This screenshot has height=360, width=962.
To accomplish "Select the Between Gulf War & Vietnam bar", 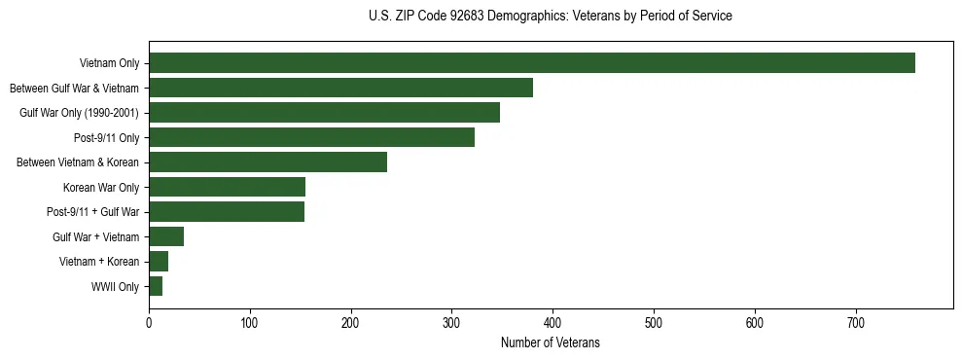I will click(x=340, y=88).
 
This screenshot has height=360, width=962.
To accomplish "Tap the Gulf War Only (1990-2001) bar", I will click(x=324, y=113).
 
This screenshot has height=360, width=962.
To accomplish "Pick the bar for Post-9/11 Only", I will click(x=311, y=137).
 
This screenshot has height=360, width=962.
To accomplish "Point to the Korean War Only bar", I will click(x=227, y=187).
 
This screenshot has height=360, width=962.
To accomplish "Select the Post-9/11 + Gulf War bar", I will click(x=227, y=212).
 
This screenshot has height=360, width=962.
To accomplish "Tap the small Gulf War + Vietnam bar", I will click(x=166, y=236).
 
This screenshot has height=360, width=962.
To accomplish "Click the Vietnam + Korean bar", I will click(x=159, y=262).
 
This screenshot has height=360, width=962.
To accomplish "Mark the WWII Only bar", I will click(x=156, y=286).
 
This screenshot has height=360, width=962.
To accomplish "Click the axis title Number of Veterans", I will click(x=550, y=343).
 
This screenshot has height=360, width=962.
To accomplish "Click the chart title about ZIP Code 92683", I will click(x=551, y=17).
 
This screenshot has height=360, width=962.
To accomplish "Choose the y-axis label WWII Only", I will click(x=115, y=287).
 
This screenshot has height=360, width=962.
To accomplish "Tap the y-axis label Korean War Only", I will click(x=101, y=188).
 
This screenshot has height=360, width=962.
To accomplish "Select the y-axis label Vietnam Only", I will click(x=109, y=63).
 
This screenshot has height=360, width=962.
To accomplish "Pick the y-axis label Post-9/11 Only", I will click(x=106, y=138).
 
